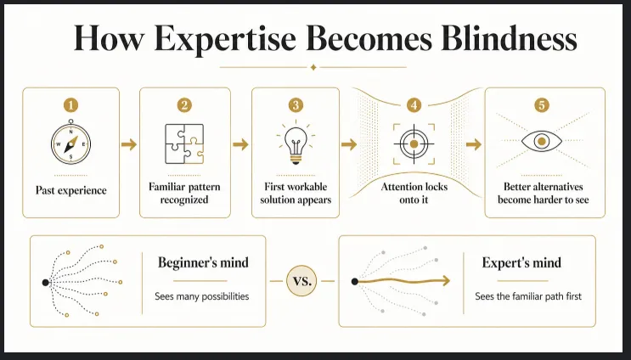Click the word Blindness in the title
coord(509,38)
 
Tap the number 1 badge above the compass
coord(70,105)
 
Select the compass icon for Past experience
coord(70,143)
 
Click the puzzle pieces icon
coord(184,144)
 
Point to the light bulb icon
coord(296,143)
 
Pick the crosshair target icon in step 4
coord(414,144)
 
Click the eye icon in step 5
coord(542,141)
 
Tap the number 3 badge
coord(296,105)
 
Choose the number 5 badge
coord(542,105)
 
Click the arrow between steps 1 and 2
coord(129,144)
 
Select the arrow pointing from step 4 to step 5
coord(474,144)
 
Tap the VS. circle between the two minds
coord(301,281)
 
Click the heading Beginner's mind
coord(203,262)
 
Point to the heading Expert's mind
coord(521,262)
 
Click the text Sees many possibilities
coord(202,296)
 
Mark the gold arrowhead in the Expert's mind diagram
coord(446,281)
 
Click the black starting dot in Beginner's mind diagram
coord(46,283)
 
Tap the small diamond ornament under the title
coord(313,67)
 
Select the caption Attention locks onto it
coord(414,193)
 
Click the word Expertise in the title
coord(225,39)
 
